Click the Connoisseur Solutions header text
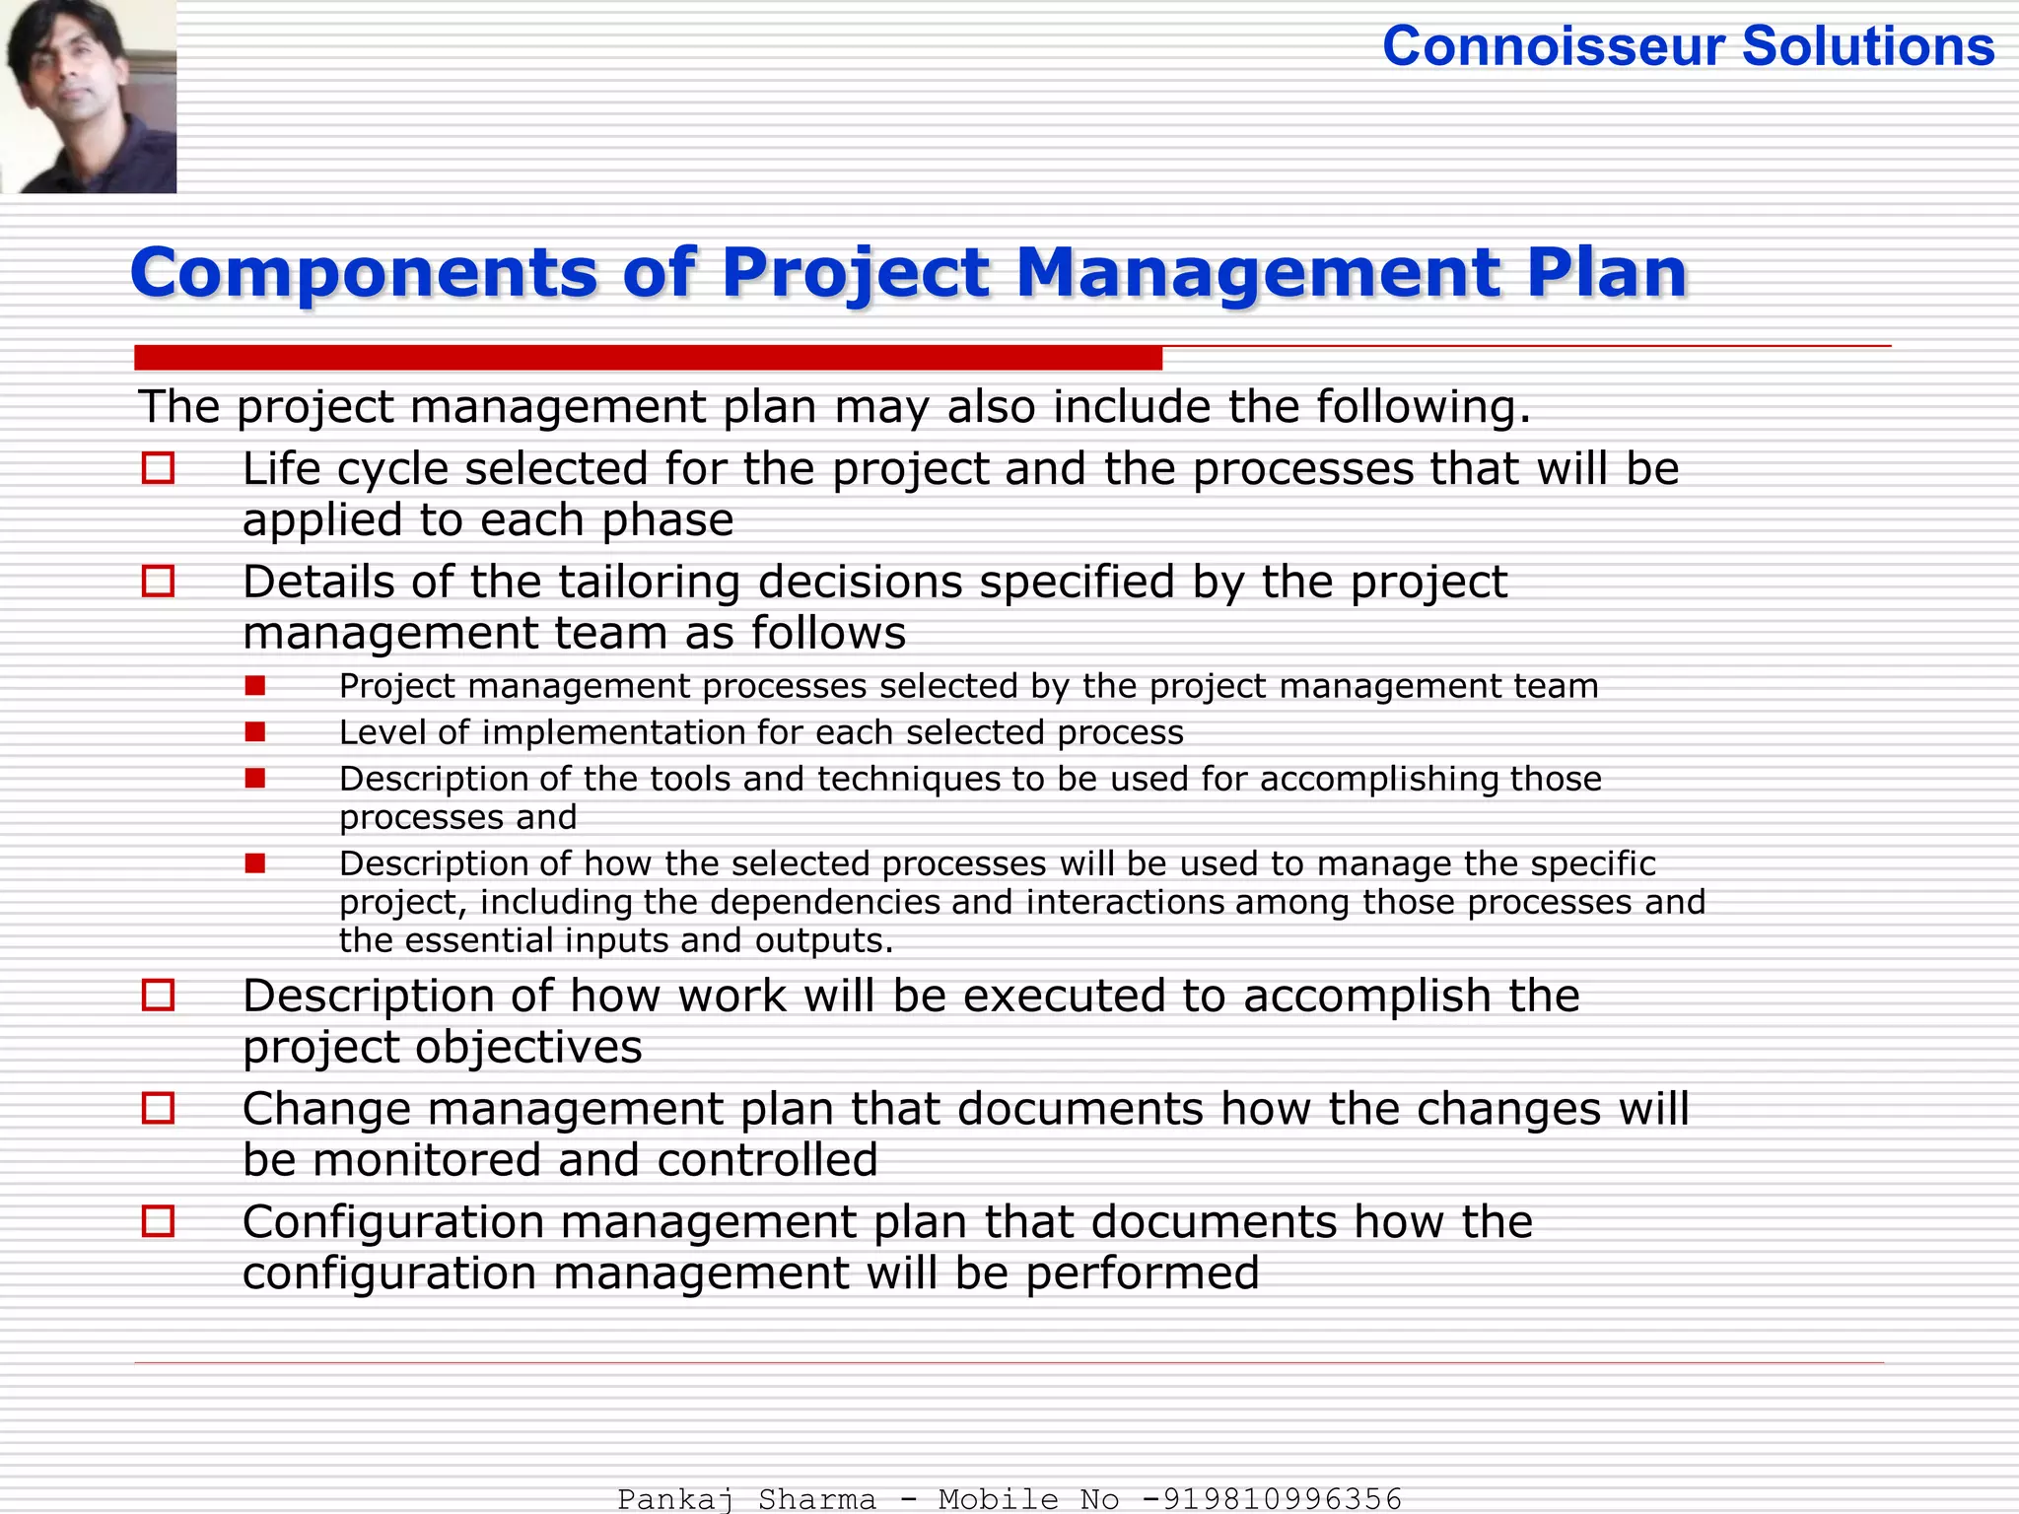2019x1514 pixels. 1688,46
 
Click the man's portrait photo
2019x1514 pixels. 89,96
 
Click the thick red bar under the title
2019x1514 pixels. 648,358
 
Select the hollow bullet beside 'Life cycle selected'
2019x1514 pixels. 158,468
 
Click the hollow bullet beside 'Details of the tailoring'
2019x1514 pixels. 158,582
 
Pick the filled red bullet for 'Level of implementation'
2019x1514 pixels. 255,731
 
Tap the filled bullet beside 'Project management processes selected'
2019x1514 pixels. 255,685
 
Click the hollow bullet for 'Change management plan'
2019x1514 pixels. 158,1108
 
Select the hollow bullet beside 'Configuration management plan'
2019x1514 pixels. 158,1221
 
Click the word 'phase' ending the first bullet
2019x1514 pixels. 667,520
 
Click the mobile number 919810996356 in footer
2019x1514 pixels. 1282,1499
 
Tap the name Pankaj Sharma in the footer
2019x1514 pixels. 746,1499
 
